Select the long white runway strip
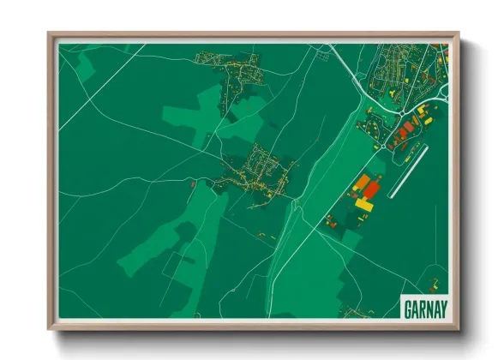pos(408,171)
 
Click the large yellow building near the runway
pos(365,205)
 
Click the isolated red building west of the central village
pos(194,183)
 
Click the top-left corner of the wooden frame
pos(50,35)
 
